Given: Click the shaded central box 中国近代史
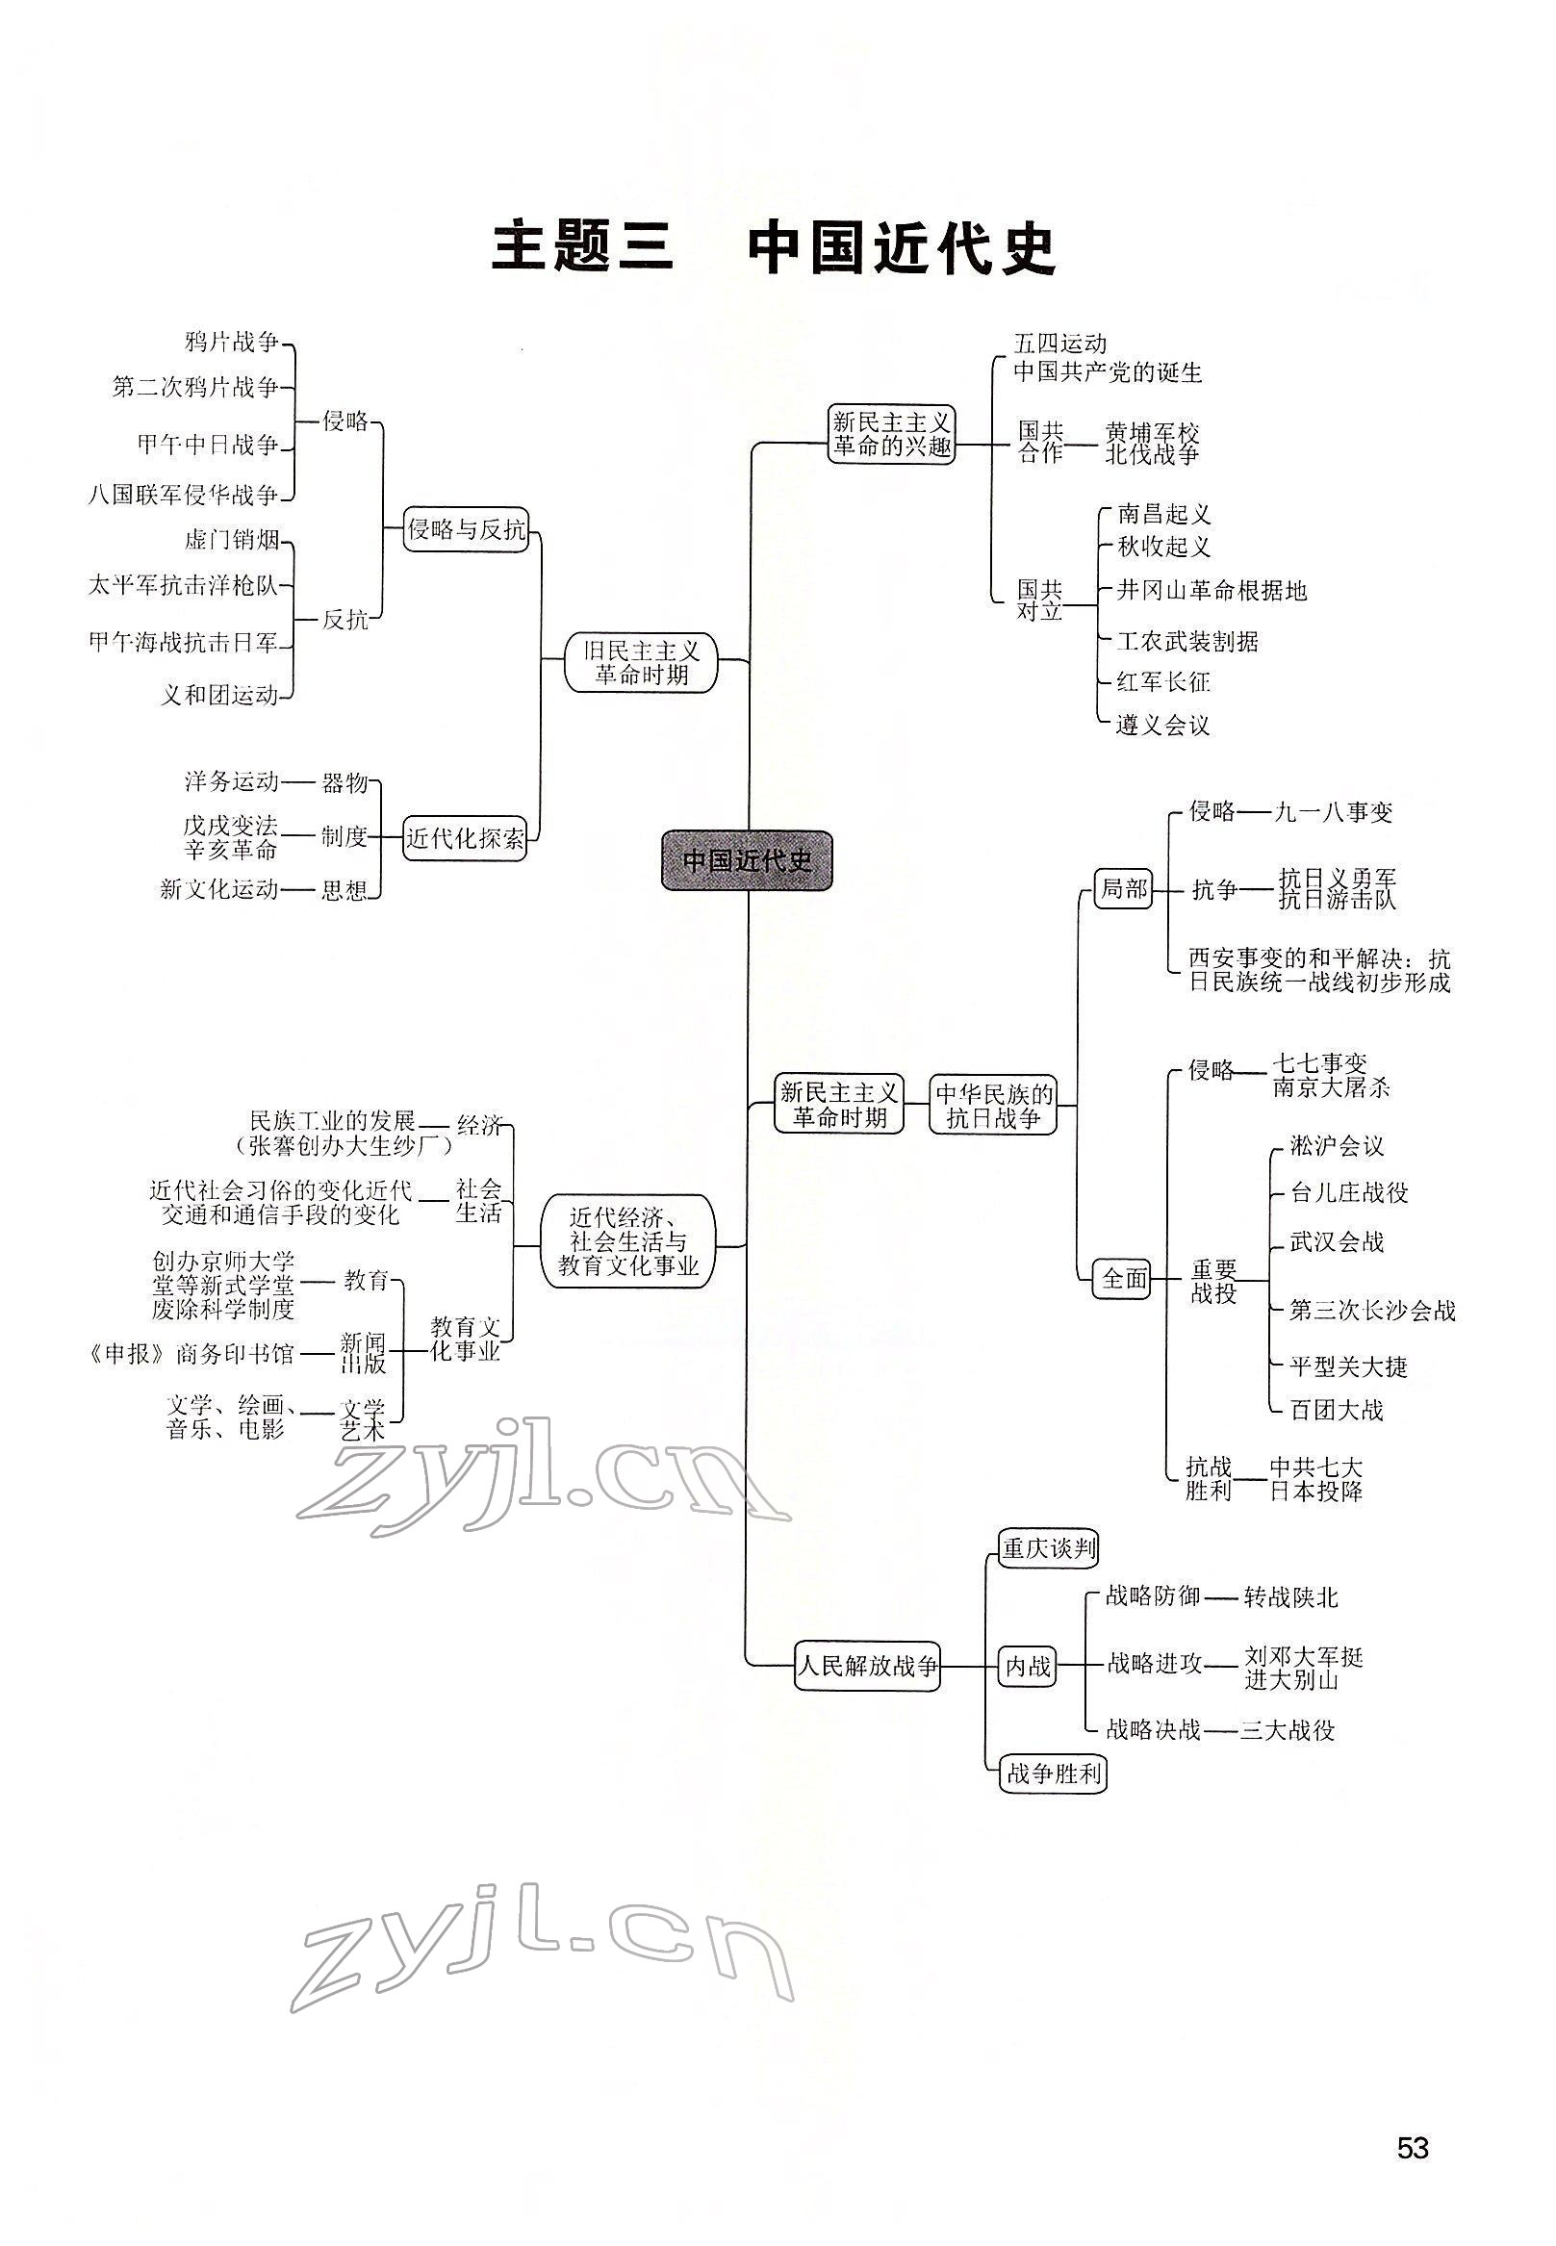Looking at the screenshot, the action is click(x=747, y=860).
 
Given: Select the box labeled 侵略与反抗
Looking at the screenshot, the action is click(x=466, y=529).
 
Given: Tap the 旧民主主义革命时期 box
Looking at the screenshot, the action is click(x=641, y=662).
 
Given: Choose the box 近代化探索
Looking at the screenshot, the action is click(x=464, y=838).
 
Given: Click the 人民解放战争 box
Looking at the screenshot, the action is click(x=868, y=1665).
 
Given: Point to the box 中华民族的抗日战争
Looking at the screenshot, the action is click(x=994, y=1106).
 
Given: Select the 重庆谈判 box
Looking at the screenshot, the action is click(x=1049, y=1548).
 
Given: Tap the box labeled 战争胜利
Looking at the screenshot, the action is click(x=1053, y=1774).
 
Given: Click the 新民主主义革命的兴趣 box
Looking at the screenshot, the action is click(x=891, y=435).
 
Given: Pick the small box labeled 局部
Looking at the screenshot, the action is click(x=1123, y=889).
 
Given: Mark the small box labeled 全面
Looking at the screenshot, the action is click(x=1124, y=1278).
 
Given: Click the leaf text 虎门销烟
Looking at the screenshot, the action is click(x=231, y=539).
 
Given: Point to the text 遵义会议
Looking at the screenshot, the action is click(x=1162, y=726).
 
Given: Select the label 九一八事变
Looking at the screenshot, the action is click(x=1334, y=812).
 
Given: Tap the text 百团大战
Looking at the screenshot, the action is click(x=1336, y=1410).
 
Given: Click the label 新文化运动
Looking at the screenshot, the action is click(x=219, y=889).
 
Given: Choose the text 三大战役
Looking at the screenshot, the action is click(x=1287, y=1730).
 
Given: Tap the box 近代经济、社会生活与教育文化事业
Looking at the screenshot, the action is click(x=628, y=1242).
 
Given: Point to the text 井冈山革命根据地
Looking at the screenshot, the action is click(x=1211, y=591).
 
